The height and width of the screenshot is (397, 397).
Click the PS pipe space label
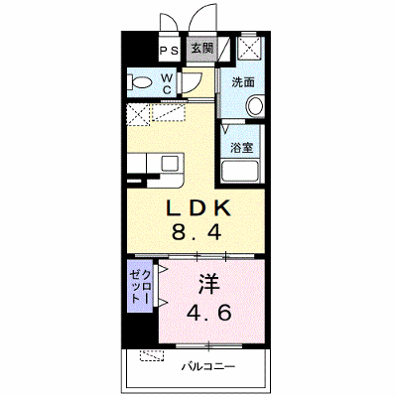coord(169,51)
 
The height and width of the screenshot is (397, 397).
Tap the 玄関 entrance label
coord(202,49)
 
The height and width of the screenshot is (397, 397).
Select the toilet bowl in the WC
coord(140,81)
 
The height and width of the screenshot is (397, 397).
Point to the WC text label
coord(167,83)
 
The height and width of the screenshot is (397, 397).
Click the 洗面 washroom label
coord(243,82)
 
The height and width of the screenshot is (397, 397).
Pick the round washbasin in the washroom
coord(255,105)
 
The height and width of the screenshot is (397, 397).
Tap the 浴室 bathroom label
coord(242,147)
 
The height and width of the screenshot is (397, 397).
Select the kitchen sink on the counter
coord(171,163)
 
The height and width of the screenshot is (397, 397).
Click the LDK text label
coord(198,208)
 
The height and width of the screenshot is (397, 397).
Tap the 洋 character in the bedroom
coord(209,285)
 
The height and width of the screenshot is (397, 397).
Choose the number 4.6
coord(208,313)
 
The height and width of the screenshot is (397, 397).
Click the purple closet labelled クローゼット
coord(140,286)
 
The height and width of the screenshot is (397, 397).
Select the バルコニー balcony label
coord(208,366)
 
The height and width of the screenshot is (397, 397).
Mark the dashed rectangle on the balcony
coord(152,355)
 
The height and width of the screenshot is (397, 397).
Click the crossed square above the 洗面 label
coord(249,47)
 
